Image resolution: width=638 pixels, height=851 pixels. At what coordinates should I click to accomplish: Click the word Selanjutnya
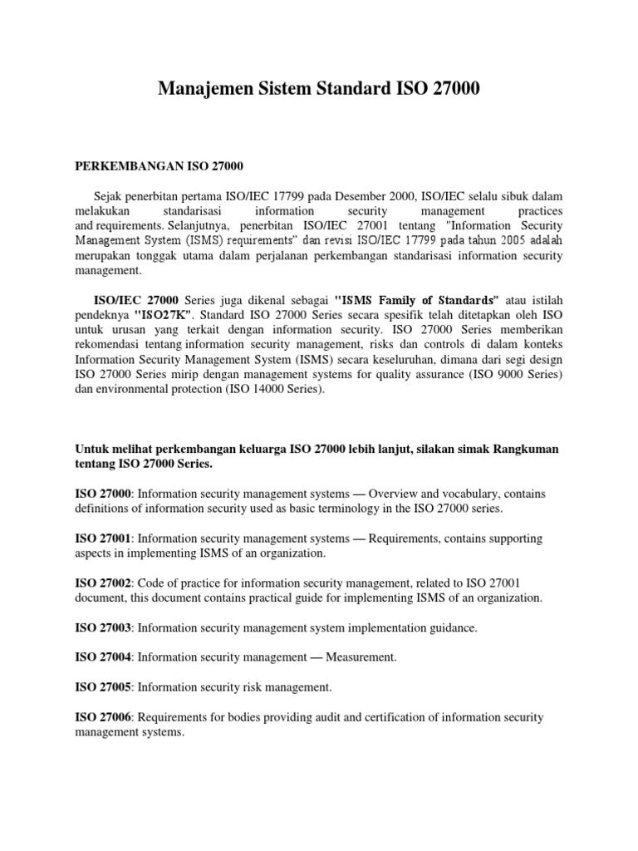(204, 225)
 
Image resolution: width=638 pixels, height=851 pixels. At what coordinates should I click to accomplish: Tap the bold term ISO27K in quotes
(163, 316)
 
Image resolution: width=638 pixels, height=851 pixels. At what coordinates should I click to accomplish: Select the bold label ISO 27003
(104, 628)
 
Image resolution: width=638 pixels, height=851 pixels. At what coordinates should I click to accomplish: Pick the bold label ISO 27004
(104, 657)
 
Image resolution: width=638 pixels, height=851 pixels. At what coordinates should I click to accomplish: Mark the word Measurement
(362, 657)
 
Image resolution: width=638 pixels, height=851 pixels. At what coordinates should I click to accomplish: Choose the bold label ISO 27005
(104, 687)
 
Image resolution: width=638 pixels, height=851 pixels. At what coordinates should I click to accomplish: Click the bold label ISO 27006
(104, 717)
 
